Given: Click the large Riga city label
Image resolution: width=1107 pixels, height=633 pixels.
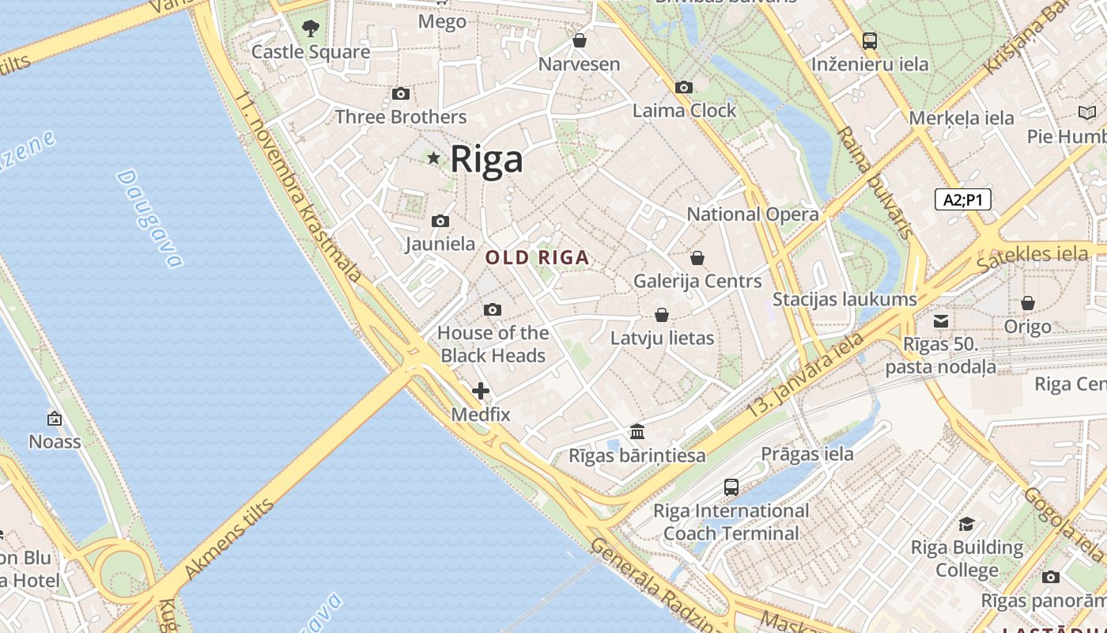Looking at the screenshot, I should (486, 159).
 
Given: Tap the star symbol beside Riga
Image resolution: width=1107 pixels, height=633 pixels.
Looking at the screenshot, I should (433, 158).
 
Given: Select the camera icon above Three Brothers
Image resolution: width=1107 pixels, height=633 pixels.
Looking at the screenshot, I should (401, 94).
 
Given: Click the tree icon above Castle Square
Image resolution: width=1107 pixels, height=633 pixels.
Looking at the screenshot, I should (311, 28).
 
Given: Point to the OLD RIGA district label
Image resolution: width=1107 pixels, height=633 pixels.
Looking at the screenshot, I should (537, 257).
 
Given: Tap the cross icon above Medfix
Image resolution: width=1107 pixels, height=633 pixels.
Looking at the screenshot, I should (481, 391).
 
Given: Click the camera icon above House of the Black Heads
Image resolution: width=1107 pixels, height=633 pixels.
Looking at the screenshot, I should (493, 309).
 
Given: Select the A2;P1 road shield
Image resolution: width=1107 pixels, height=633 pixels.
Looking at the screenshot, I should (962, 199).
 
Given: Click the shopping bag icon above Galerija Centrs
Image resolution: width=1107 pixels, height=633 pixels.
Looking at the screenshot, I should (697, 258).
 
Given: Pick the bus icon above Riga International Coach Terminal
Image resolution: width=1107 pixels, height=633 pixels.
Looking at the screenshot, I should (731, 487).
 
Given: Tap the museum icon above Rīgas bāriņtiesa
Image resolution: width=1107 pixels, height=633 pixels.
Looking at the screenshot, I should (637, 432).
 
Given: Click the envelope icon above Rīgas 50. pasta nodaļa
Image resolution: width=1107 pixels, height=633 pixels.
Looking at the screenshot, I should (941, 321).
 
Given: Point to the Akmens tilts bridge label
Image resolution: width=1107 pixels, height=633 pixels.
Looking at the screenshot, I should (229, 540).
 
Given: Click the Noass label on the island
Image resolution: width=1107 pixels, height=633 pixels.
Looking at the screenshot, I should (55, 441).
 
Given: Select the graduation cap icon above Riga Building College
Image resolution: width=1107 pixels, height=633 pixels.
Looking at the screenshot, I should (966, 525).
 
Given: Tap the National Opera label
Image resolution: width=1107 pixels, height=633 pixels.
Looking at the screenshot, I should (753, 214).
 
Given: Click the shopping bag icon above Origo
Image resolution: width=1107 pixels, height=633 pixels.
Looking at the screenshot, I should (1028, 303).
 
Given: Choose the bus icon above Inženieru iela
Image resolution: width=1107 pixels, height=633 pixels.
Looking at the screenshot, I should (870, 40).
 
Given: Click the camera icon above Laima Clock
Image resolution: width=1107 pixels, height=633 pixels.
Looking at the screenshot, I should (684, 88).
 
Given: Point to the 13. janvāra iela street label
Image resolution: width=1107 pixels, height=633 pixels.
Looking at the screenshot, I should (807, 375).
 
